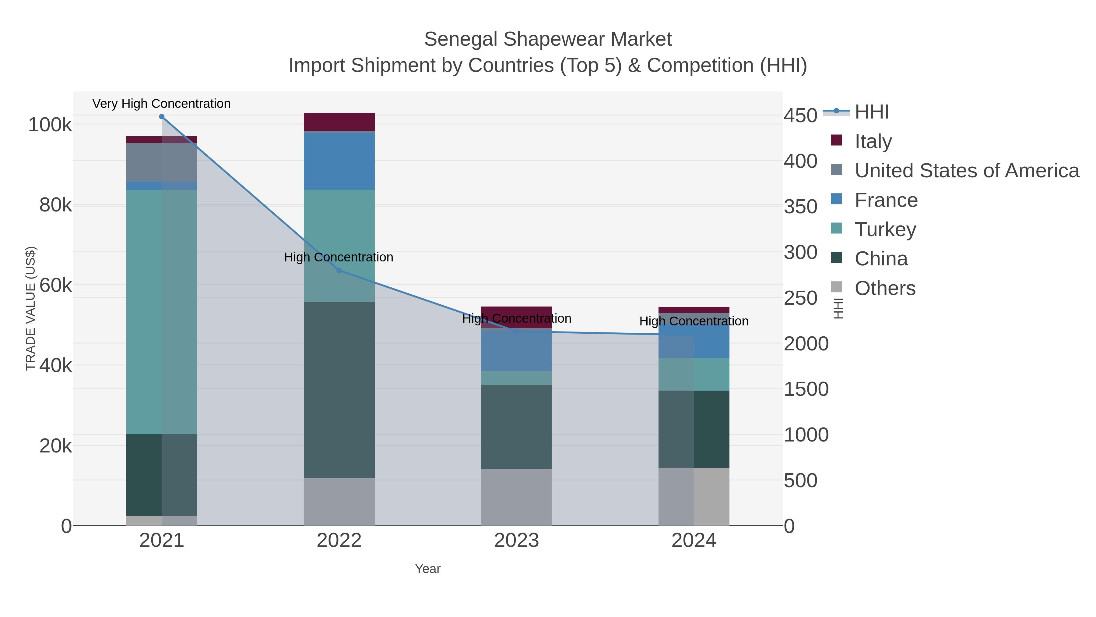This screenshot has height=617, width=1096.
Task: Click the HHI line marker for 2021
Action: coord(162,117)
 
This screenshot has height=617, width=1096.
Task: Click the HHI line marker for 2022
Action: coord(339,270)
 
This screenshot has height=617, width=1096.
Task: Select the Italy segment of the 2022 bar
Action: coord(339,122)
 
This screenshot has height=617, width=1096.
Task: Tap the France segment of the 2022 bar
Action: coord(339,161)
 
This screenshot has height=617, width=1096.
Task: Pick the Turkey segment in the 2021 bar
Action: coord(162,312)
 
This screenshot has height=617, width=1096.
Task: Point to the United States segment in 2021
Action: coord(162,162)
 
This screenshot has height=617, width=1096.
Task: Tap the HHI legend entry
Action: coord(871,112)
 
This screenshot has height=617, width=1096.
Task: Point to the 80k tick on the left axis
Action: coord(56,205)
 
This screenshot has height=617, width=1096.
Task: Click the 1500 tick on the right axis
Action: coord(806,389)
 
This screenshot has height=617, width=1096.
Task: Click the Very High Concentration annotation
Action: coord(162,104)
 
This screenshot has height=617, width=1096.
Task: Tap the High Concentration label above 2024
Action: coord(694,321)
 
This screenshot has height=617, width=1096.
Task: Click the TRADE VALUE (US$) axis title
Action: coord(31,308)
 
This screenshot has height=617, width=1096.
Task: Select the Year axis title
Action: coord(428,569)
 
